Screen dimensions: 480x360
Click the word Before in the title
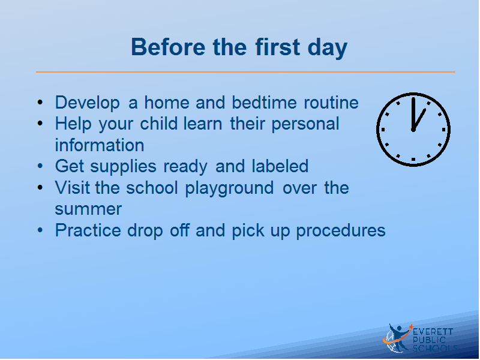pyautogui.click(x=168, y=47)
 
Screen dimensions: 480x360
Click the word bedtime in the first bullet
pyautogui.click(x=264, y=102)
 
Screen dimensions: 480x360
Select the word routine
pyautogui.click(x=331, y=102)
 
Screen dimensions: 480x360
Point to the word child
pyautogui.click(x=158, y=124)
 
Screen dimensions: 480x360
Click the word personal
pyautogui.click(x=305, y=124)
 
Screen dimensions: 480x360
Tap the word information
pyautogui.click(x=100, y=145)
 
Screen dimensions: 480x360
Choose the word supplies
pyautogui.click(x=123, y=167)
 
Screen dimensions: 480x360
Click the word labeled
pyautogui.click(x=280, y=166)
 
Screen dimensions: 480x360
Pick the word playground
pyautogui.click(x=229, y=188)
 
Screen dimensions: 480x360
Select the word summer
pyautogui.click(x=88, y=209)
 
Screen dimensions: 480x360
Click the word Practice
pyautogui.click(x=88, y=230)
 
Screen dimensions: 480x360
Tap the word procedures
pyautogui.click(x=341, y=231)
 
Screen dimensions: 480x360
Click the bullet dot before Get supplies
pyautogui.click(x=40, y=166)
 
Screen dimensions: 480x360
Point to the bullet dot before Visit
pyautogui.click(x=40, y=187)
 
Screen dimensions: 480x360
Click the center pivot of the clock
pyautogui.click(x=413, y=130)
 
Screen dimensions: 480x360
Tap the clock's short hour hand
pyautogui.click(x=419, y=119)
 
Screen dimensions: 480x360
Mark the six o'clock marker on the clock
pyautogui.click(x=413, y=160)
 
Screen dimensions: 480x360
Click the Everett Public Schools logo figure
pyautogui.click(x=397, y=338)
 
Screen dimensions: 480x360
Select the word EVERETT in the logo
pyautogui.click(x=433, y=332)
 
